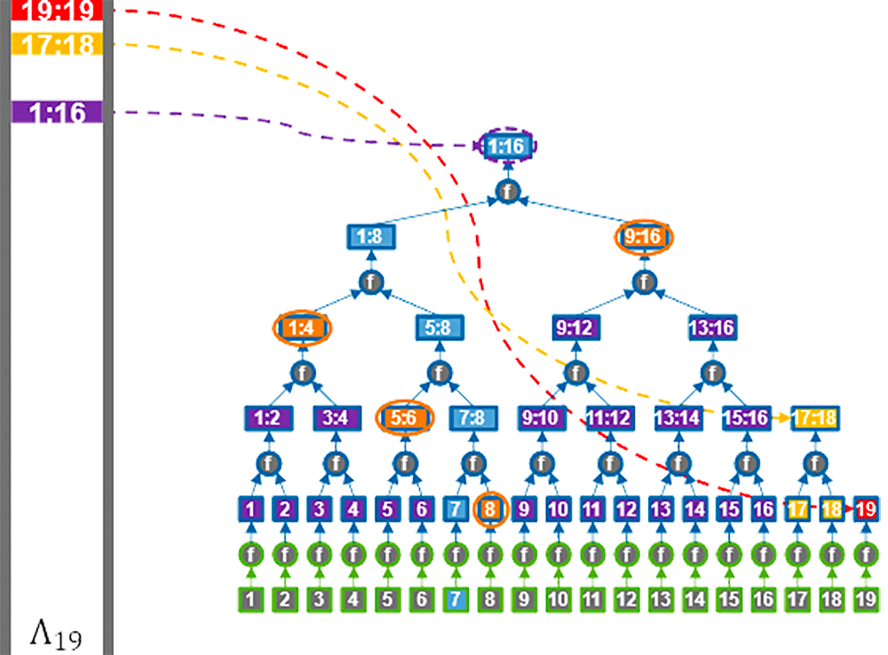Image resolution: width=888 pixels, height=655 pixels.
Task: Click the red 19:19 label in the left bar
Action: [x=57, y=10]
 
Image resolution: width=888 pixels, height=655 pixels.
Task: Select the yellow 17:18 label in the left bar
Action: [x=57, y=43]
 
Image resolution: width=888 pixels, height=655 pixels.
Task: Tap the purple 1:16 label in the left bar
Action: [x=57, y=112]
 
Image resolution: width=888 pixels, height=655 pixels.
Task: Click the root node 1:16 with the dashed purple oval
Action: [x=507, y=146]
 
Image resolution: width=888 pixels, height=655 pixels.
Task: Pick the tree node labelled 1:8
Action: [x=371, y=236]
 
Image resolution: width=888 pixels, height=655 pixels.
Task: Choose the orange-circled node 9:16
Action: [x=644, y=237]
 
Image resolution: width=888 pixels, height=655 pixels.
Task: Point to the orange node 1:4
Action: [x=303, y=327]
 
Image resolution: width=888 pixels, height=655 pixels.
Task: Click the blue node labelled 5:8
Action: [x=440, y=327]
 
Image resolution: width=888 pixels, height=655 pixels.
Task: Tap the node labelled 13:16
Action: [x=712, y=327]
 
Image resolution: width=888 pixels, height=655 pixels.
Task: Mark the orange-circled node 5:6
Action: [x=405, y=418]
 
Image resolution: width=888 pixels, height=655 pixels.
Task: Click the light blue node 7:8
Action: [x=473, y=418]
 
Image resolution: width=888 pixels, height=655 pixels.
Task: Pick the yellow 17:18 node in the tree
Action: [x=815, y=418]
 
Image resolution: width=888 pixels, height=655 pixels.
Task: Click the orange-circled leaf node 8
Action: [x=490, y=509]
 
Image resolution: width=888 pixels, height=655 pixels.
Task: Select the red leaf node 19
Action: [x=866, y=509]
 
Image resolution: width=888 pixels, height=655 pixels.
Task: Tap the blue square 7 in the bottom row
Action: [x=456, y=599]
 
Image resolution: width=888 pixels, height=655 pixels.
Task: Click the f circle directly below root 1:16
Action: [x=507, y=192]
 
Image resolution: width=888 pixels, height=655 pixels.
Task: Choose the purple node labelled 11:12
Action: [x=610, y=418]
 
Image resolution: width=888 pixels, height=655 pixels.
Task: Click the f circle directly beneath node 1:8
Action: [x=371, y=282]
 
